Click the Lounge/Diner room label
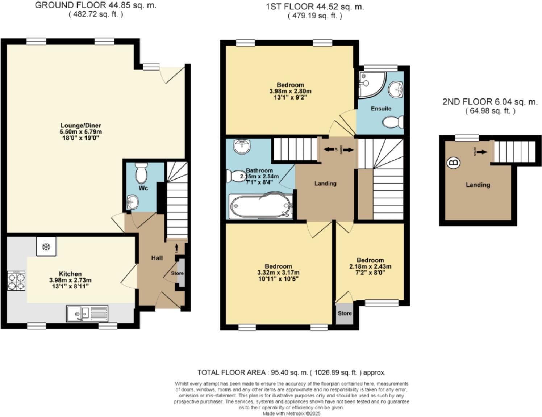[x=80, y=126]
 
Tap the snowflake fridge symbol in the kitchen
[x=46, y=247]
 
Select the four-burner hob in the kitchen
[x=16, y=281]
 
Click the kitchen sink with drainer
[x=87, y=313]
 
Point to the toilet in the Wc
[x=141, y=173]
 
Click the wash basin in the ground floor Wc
[x=133, y=202]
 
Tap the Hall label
[x=157, y=258]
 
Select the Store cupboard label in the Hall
[x=178, y=273]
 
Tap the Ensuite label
[x=381, y=109]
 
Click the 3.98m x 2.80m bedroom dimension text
[x=288, y=91]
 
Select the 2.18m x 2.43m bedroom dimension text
[x=370, y=266]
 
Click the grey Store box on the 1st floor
[x=345, y=313]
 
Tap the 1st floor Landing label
[x=325, y=184]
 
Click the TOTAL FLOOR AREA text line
[x=291, y=372]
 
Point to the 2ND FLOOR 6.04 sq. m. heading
[x=490, y=102]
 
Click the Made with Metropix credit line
[x=291, y=413]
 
